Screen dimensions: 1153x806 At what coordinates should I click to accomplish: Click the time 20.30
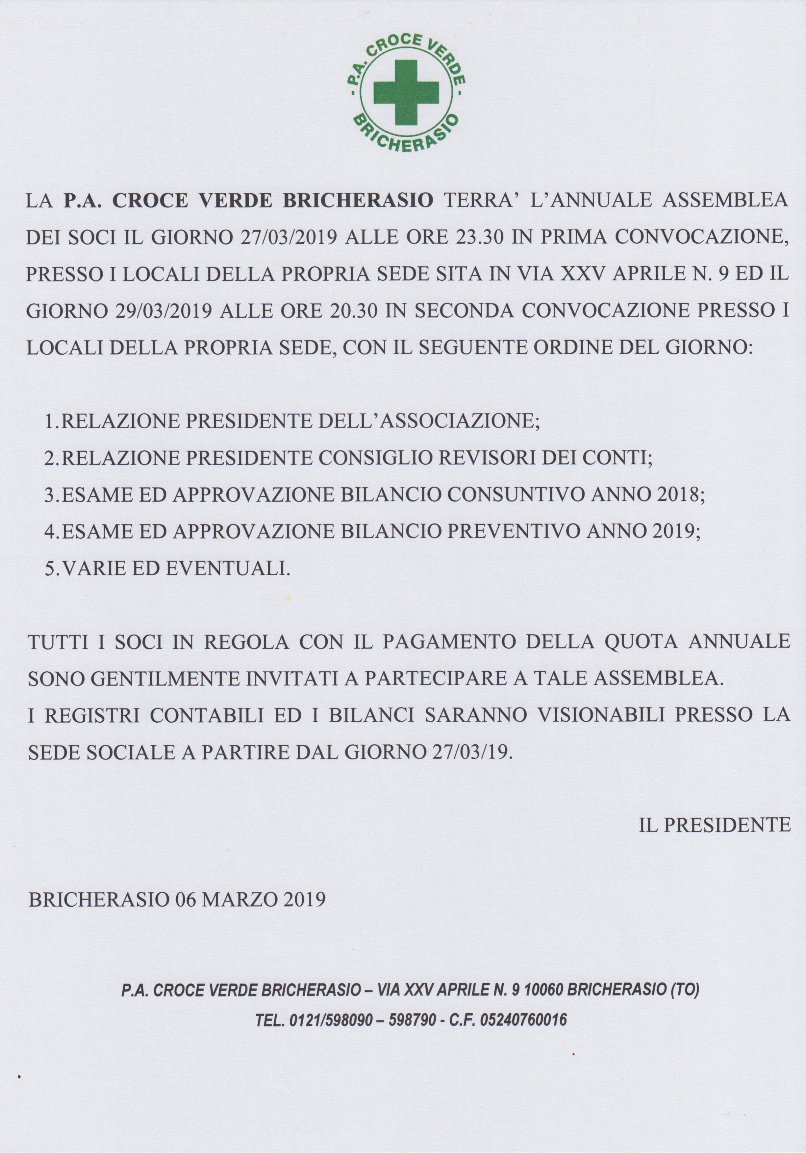coord(354,311)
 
